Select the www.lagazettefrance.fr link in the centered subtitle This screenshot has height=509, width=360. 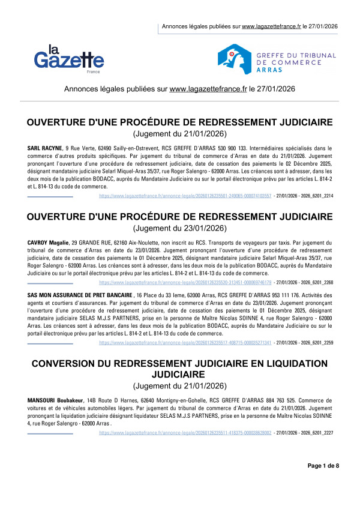click(x=208, y=89)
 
